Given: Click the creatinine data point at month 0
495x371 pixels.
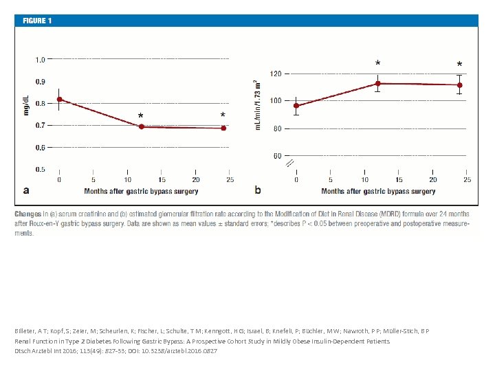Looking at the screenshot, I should [60, 100].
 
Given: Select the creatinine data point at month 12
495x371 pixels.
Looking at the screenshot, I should [142, 126].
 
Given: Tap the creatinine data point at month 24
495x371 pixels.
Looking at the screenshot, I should [223, 128].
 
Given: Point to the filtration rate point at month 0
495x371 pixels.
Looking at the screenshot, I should [296, 106].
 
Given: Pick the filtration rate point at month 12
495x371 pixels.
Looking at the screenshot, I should [378, 84].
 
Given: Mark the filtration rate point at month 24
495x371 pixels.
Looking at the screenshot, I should [459, 85].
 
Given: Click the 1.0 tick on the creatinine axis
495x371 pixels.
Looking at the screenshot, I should [41, 60].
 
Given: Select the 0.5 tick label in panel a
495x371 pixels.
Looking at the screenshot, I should [41, 169].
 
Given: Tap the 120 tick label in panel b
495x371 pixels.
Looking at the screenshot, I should [275, 74].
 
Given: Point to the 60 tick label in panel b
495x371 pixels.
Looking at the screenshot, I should [277, 156].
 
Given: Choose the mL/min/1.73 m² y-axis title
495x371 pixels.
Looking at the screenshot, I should [258, 104].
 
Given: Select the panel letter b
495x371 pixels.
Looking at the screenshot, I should [258, 189].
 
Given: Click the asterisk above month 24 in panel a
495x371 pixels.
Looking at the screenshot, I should [223, 115].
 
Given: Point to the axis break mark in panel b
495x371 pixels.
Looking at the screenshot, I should [289, 163].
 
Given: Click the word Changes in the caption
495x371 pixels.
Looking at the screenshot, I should [27, 214].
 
